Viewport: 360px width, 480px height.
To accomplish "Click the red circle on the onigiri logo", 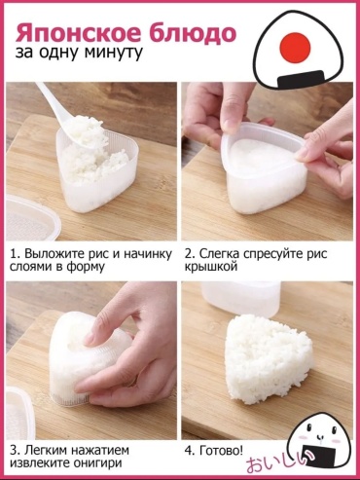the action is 295,48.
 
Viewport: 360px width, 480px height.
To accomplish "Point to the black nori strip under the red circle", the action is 302,79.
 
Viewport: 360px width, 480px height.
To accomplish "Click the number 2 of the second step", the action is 189,254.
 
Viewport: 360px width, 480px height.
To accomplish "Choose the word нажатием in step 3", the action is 100,450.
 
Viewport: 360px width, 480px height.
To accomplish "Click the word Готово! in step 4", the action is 221,450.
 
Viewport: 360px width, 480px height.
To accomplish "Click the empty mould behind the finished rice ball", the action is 239,300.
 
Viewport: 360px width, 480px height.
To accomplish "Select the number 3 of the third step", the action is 14,451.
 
